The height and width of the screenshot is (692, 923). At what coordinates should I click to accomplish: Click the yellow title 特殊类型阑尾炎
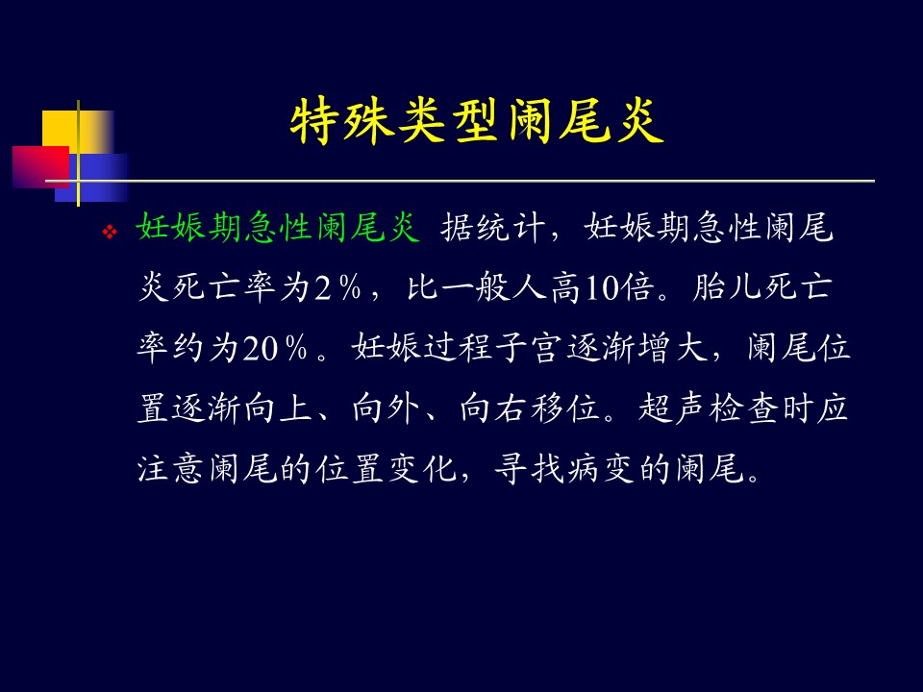(477, 121)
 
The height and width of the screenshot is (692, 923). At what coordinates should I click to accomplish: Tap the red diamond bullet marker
(110, 232)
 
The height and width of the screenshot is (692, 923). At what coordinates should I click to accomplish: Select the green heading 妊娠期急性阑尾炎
(278, 227)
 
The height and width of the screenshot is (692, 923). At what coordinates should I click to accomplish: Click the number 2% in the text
(337, 287)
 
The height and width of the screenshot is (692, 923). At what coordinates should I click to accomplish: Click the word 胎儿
(727, 287)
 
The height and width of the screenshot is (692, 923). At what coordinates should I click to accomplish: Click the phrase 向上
(278, 408)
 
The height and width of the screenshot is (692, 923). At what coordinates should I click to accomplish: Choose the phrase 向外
(386, 408)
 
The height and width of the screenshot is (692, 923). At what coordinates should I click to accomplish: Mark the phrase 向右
(493, 408)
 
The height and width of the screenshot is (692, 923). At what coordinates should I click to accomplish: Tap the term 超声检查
(709, 408)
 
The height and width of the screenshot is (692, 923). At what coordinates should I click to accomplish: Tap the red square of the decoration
(40, 167)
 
